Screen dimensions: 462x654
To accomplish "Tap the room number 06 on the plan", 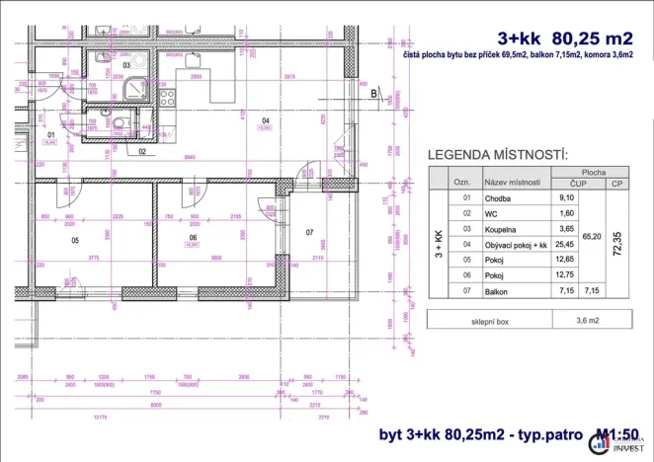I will (x=193, y=238).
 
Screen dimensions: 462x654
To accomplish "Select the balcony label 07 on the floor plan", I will (x=309, y=233).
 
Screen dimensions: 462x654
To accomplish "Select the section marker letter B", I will (x=374, y=95).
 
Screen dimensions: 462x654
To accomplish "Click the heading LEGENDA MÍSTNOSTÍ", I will (x=497, y=155).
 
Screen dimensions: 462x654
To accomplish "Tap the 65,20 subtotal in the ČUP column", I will (x=591, y=236).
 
